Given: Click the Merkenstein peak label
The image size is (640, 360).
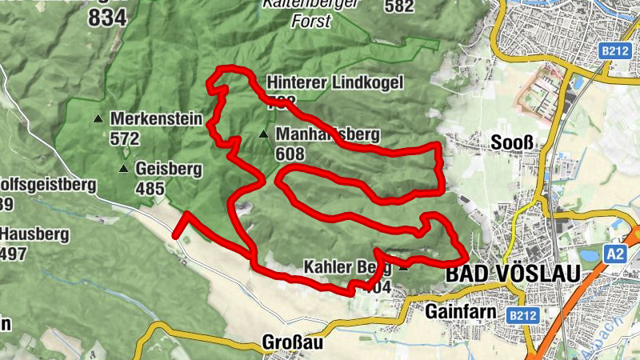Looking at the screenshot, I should (x=156, y=118).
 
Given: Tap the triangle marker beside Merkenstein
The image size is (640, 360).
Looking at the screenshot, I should (x=98, y=118).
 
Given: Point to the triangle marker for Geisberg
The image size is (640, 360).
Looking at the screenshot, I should (x=123, y=169).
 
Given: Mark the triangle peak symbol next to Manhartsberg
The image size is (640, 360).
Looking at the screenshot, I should (x=264, y=134).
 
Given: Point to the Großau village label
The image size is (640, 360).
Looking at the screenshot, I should (x=292, y=343).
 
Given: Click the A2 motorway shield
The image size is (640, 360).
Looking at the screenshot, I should (x=614, y=254).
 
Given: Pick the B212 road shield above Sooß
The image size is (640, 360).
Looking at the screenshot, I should (x=614, y=50).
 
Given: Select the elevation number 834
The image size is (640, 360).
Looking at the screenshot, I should (x=108, y=18).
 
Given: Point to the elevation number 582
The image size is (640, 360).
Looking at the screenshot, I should (x=398, y=7).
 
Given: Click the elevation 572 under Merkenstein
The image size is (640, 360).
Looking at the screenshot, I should (x=125, y=139).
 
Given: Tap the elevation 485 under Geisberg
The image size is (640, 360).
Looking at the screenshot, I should (x=150, y=190).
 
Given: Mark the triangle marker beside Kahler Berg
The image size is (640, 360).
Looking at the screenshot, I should (x=403, y=267).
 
